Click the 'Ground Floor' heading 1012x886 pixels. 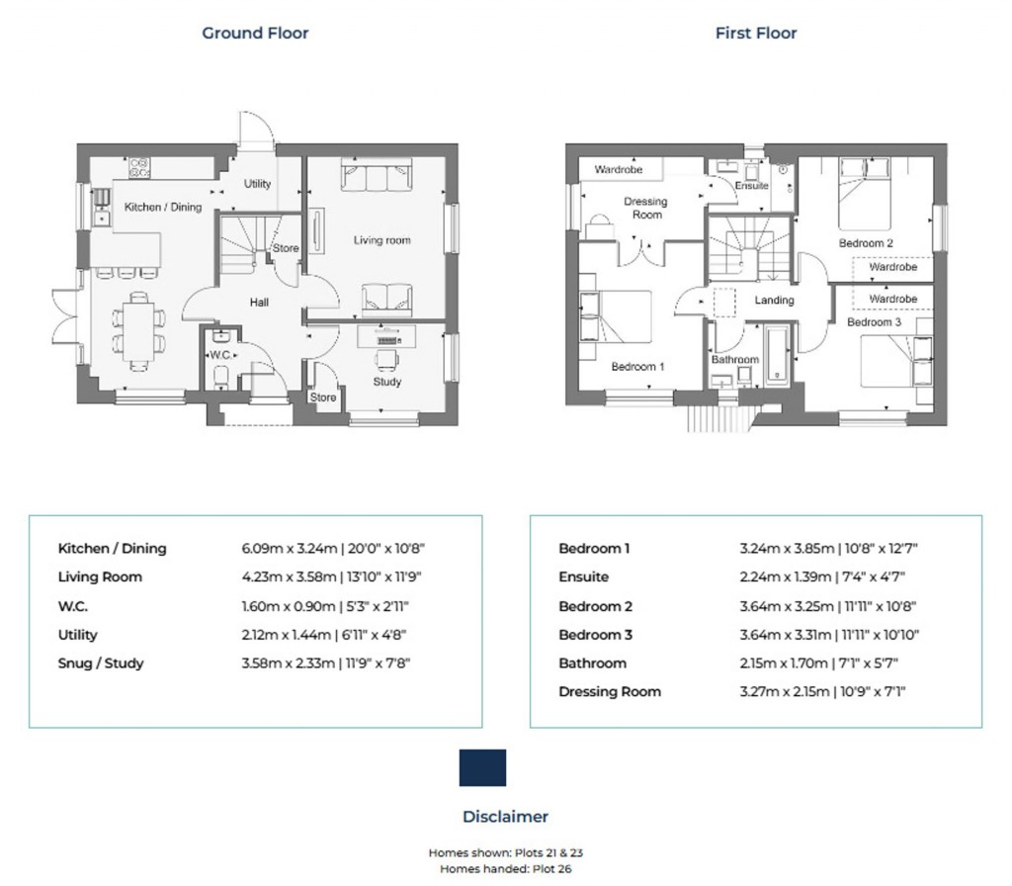pos(255,34)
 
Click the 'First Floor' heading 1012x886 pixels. pos(756,34)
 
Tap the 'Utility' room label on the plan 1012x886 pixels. pos(257,184)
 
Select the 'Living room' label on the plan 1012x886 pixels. pos(382,240)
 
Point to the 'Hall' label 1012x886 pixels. pos(259,303)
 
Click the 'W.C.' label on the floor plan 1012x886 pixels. pos(218,355)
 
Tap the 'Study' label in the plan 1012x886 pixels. pos(386,382)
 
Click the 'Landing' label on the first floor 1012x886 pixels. pos(774,300)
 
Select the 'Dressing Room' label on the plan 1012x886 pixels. pos(646,208)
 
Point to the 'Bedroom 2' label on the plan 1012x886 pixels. pos(866,243)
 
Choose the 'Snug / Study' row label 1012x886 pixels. pos(101,664)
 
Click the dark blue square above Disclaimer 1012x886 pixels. pos(482,767)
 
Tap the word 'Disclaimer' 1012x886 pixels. pos(505,817)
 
